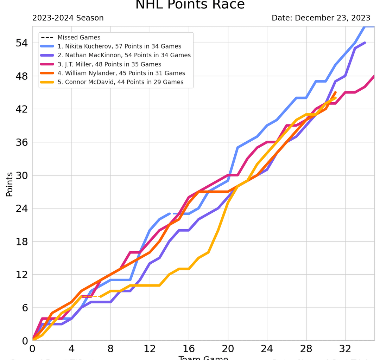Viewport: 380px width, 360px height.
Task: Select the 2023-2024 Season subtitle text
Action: click(x=68, y=18)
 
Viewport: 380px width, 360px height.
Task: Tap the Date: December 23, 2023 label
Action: click(x=321, y=18)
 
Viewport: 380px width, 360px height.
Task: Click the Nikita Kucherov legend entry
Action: click(x=119, y=46)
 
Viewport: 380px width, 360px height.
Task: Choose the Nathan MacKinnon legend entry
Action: click(x=124, y=55)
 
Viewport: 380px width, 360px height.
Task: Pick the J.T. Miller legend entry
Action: click(x=109, y=64)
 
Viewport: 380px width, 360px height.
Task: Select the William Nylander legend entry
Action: click(x=121, y=73)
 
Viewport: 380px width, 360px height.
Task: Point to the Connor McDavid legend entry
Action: click(x=120, y=82)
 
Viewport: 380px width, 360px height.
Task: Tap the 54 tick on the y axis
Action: click(x=21, y=43)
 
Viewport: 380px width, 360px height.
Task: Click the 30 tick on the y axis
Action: click(x=21, y=175)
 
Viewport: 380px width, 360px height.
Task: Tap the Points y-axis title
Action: click(x=9, y=184)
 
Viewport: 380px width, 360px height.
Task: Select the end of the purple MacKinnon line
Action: click(x=365, y=43)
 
